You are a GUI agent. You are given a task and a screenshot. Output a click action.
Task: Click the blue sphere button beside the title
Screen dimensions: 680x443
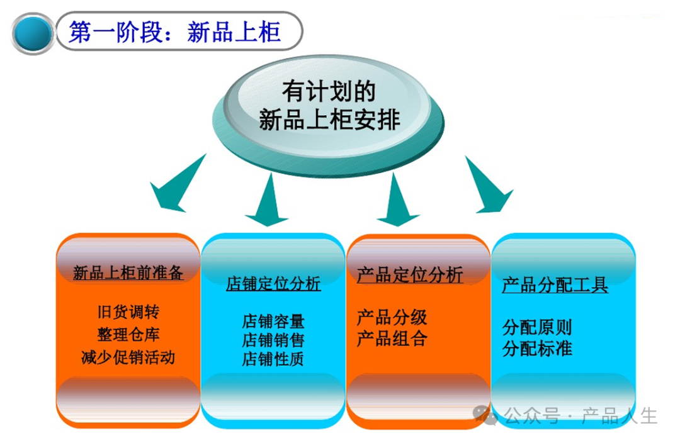(x=33, y=33)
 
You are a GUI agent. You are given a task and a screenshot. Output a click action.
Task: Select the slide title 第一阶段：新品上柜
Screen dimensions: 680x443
(x=174, y=32)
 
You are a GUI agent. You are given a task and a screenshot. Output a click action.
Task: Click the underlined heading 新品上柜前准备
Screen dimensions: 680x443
(x=128, y=273)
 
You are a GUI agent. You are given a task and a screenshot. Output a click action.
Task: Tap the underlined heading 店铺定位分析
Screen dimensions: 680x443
(x=273, y=284)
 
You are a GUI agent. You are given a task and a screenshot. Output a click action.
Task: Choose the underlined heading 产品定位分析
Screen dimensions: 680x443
(x=410, y=275)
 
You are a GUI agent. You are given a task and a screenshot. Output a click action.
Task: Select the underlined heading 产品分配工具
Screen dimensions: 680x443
(x=555, y=286)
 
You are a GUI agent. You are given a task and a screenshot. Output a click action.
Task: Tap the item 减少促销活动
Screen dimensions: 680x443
(x=128, y=357)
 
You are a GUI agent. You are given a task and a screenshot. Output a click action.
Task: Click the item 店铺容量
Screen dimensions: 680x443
(x=273, y=322)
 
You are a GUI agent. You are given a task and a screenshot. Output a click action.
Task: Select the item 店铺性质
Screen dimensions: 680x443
(x=273, y=359)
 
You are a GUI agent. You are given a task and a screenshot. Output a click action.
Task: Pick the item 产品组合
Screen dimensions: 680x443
(x=392, y=339)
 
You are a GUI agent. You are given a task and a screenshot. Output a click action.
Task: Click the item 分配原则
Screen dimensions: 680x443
(x=537, y=327)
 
